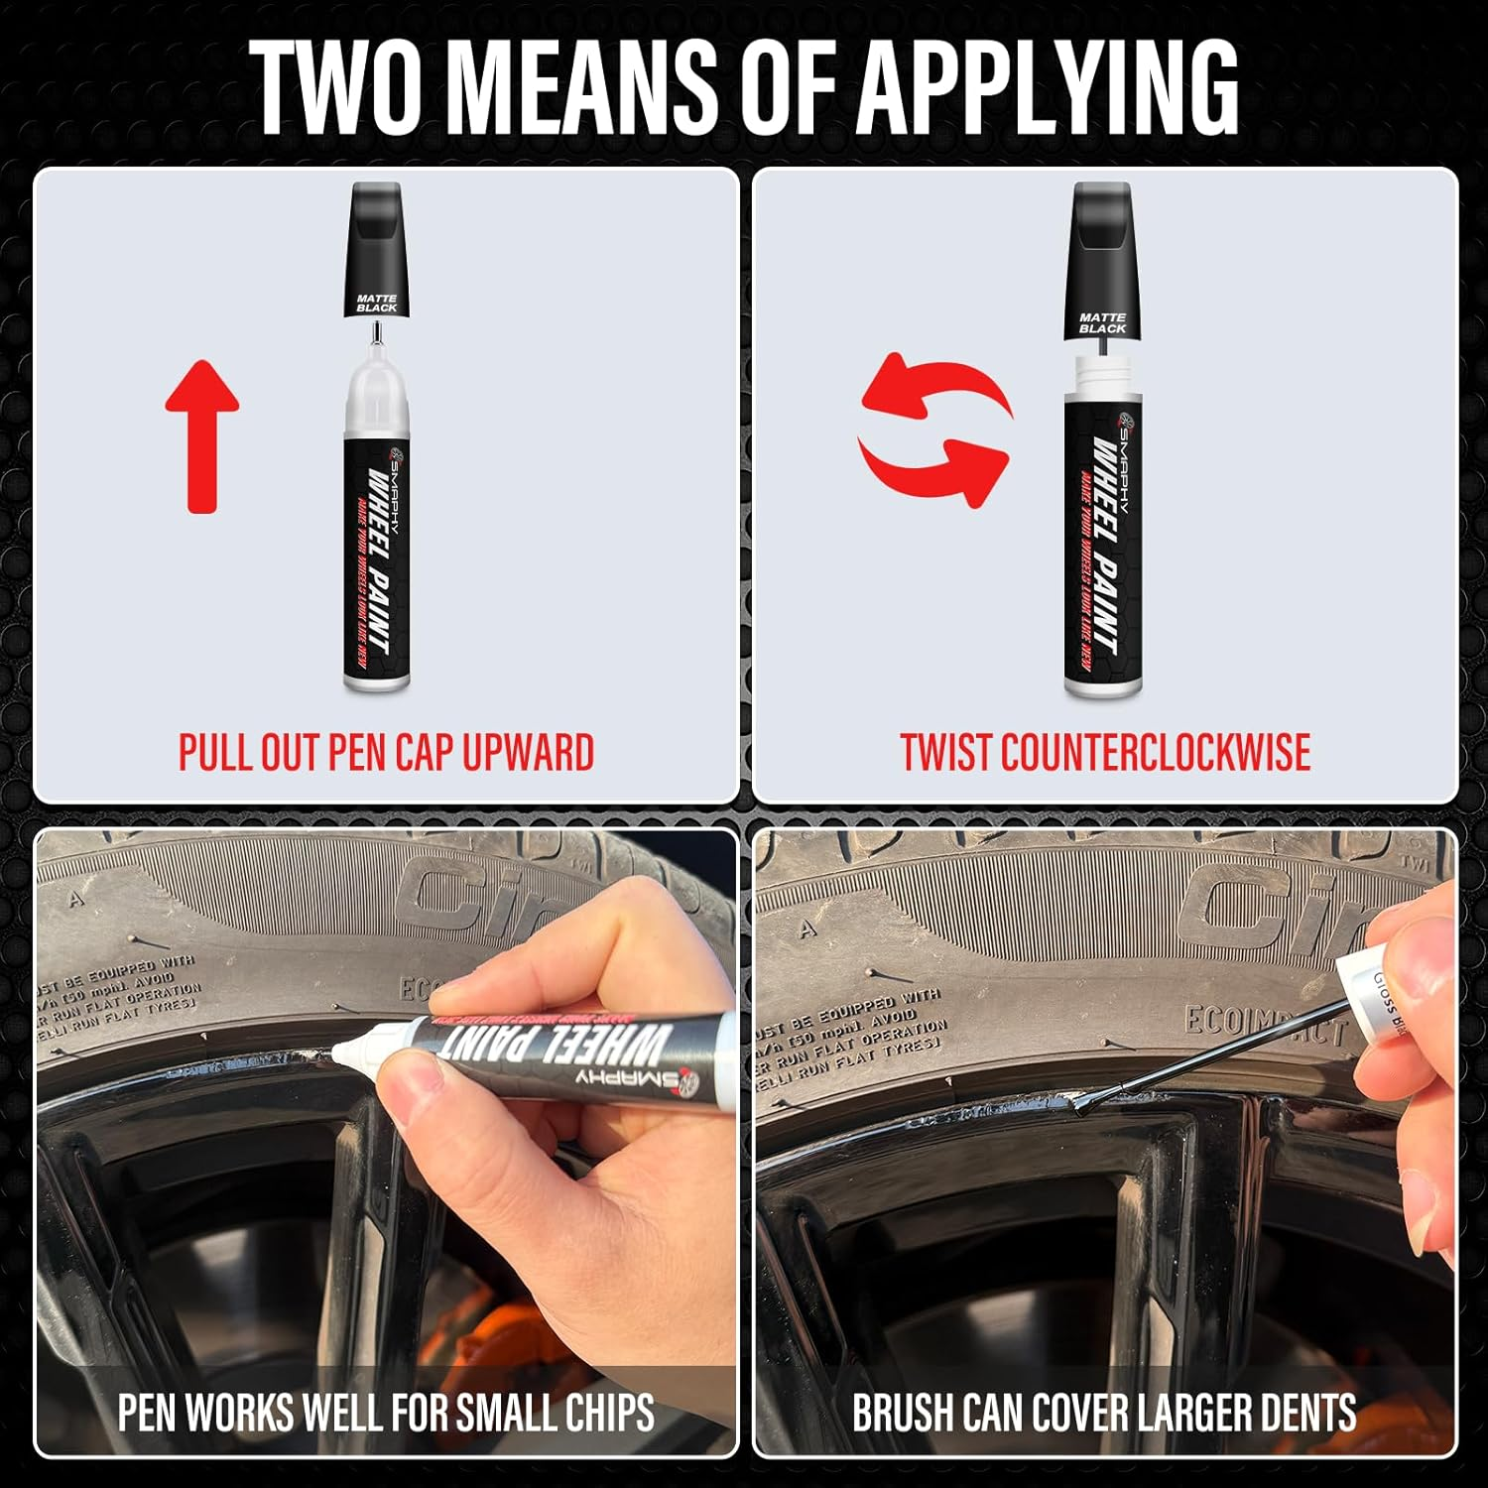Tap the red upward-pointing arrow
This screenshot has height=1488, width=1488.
click(x=202, y=436)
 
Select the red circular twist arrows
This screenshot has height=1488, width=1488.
click(x=933, y=431)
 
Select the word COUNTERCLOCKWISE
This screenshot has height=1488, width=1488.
click(x=1156, y=753)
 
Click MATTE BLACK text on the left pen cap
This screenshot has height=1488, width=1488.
click(x=377, y=303)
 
